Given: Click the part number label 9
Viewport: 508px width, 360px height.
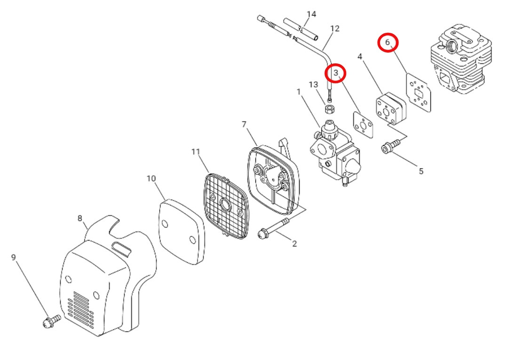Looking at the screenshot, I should [x=14, y=258].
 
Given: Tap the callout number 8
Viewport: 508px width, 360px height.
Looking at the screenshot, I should [x=80, y=218].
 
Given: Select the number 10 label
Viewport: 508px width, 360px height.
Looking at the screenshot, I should [x=151, y=179].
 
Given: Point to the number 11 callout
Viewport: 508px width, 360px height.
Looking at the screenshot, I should [x=196, y=152].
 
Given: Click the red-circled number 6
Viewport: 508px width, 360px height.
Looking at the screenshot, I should [x=388, y=42].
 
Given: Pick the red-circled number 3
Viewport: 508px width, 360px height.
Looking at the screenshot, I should [x=336, y=73].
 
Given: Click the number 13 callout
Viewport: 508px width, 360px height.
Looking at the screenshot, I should [x=314, y=85].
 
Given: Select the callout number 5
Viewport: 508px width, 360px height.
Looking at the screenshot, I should [x=421, y=171].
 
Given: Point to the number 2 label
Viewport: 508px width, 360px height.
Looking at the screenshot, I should [x=294, y=243].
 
